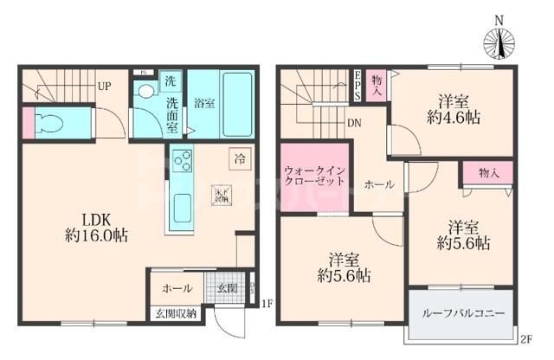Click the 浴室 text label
[203, 102]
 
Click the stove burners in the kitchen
[183, 162]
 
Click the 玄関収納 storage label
[176, 312]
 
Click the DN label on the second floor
[355, 124]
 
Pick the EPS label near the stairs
[356, 85]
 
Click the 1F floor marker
[267, 304]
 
